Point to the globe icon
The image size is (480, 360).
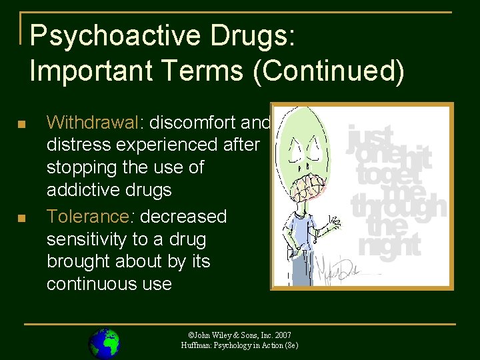tap(104, 343)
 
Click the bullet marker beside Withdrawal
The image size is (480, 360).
tap(22, 125)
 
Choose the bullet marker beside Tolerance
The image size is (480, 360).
tap(22, 219)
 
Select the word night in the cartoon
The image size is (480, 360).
tap(390, 245)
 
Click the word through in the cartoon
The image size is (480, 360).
tap(399, 204)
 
